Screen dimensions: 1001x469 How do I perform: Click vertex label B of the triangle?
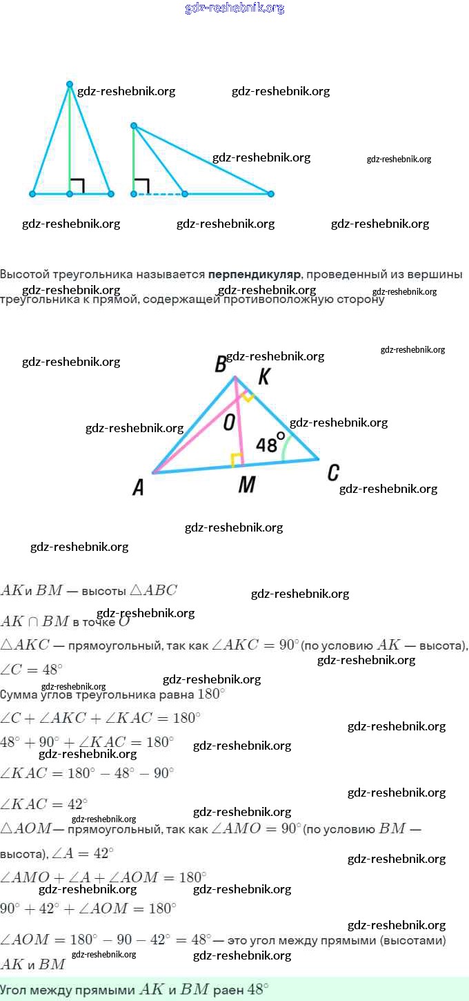coord(221,364)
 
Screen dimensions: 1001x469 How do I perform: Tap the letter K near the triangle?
coord(263,377)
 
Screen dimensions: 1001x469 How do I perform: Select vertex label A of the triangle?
coord(138,488)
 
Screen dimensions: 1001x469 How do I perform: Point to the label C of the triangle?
coord(333,473)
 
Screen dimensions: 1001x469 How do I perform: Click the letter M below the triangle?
coord(246,485)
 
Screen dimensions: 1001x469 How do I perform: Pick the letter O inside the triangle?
coord(229,423)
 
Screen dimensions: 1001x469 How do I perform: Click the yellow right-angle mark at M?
coord(237,460)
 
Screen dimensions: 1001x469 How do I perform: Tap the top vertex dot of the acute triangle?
coord(70,85)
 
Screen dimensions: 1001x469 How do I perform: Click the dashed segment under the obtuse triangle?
coord(159,194)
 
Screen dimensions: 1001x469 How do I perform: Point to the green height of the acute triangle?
coord(70,138)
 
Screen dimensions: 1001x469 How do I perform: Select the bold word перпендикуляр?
coord(255,275)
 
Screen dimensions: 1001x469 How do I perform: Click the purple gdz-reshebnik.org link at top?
coord(234,8)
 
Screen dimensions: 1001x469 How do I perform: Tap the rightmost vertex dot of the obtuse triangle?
coord(270,194)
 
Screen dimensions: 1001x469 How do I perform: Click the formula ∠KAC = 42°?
coord(44,804)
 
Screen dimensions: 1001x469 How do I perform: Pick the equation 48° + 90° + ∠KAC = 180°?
coord(87,742)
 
